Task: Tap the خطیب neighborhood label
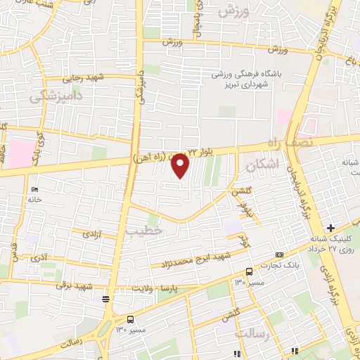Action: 144,229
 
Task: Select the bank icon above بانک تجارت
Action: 280,255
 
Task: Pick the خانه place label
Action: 34,200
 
